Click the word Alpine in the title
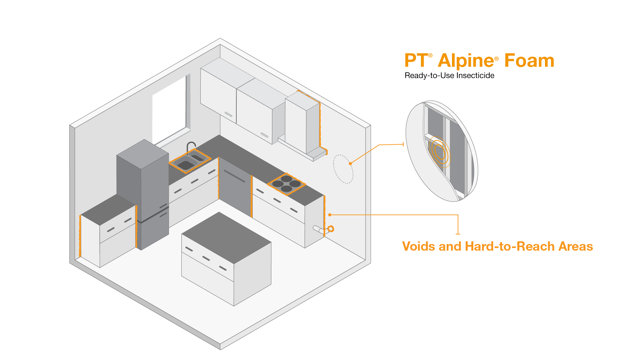pyautogui.click(x=466, y=61)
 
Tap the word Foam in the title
pyautogui.click(x=529, y=61)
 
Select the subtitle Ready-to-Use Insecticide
pyautogui.click(x=449, y=76)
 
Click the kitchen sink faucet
pyautogui.click(x=190, y=147)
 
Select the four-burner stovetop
pyautogui.click(x=286, y=184)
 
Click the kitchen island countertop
pyautogui.click(x=226, y=237)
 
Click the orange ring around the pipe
pyautogui.click(x=331, y=229)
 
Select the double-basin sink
pyautogui.click(x=190, y=161)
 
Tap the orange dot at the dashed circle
pyautogui.click(x=350, y=163)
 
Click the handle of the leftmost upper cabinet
pyautogui.click(x=228, y=114)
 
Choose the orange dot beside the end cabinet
pyautogui.click(x=330, y=215)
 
